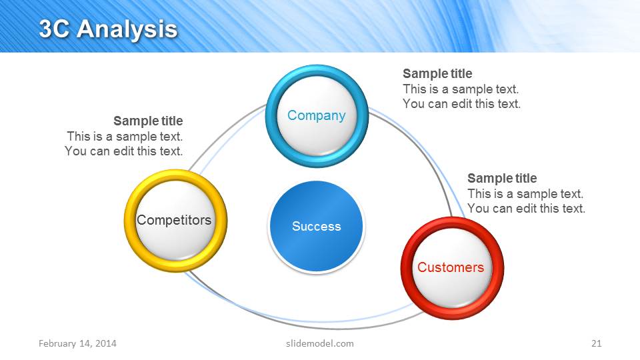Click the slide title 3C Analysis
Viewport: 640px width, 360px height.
108,29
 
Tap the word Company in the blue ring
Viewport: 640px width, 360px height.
316,115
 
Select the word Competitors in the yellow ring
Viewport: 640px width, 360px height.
174,220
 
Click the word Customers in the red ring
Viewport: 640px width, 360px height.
451,267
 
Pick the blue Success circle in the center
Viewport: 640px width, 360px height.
316,227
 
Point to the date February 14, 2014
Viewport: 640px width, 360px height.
77,343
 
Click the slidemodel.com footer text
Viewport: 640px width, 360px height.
315,343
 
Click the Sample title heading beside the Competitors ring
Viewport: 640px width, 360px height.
148,121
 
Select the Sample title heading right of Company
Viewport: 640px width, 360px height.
437,73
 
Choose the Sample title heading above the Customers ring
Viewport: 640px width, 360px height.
502,178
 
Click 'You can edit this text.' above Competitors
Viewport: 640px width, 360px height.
124,151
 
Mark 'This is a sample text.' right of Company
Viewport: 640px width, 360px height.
461,89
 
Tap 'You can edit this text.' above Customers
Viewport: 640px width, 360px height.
526,209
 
